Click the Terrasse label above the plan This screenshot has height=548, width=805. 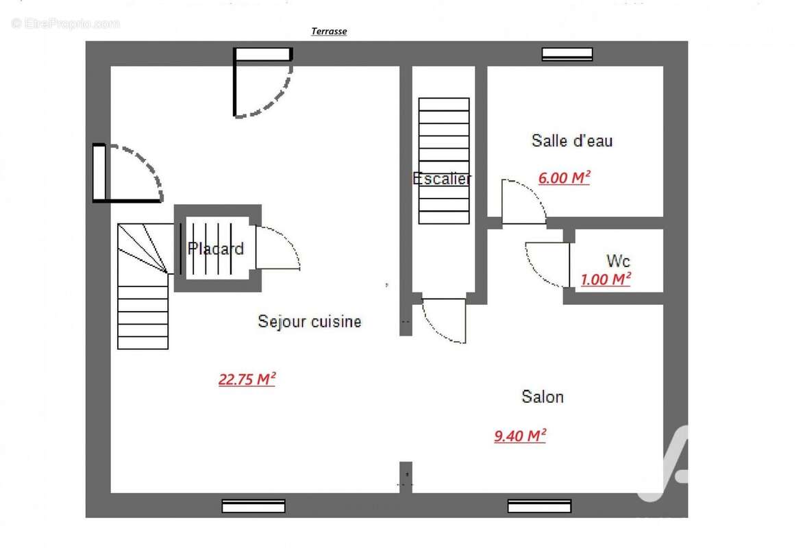(x=329, y=32)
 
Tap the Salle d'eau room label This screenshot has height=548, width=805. (x=572, y=140)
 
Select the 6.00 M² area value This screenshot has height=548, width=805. (x=565, y=177)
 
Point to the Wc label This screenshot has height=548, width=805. (x=618, y=261)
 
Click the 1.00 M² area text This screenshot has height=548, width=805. (x=606, y=279)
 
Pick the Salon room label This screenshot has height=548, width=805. (x=543, y=397)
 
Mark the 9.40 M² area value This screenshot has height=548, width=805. (x=520, y=436)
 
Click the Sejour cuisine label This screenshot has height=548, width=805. (x=310, y=321)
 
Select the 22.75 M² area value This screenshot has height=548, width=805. (x=247, y=379)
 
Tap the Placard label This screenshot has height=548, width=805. (x=216, y=249)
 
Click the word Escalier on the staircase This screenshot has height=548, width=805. (x=441, y=179)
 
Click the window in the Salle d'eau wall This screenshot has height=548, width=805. (x=567, y=54)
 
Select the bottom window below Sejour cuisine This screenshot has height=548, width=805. (x=253, y=506)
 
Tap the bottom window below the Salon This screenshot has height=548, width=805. (x=540, y=506)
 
